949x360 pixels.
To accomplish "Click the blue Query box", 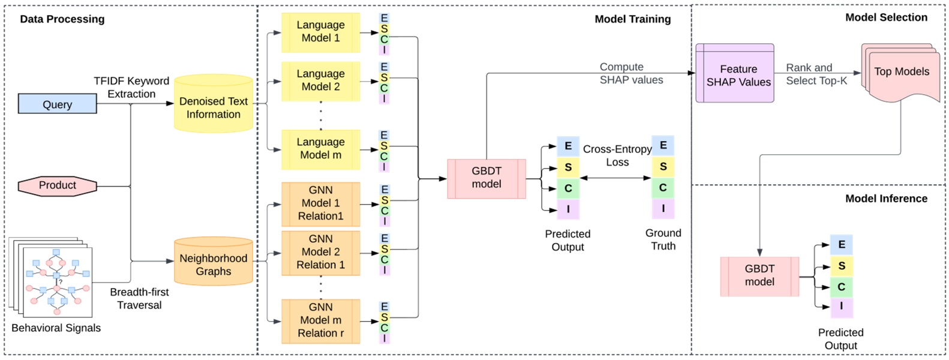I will coord(57,104).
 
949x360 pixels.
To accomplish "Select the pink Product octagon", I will coord(57,185).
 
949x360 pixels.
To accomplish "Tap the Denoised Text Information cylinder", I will coord(213,107).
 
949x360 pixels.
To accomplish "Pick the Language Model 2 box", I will coord(320,80).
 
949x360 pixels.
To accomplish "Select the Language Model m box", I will coord(320,149).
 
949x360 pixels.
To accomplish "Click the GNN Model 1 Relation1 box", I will coord(320,203).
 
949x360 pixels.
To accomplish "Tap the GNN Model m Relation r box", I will coord(320,320).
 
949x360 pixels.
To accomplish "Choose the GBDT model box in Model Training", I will coord(486,178).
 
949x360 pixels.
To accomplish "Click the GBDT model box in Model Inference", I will coord(759,276).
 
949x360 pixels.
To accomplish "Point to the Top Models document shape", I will coord(901,72).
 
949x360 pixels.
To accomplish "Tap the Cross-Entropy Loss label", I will coord(617,155).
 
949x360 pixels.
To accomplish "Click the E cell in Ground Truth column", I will coord(663,145).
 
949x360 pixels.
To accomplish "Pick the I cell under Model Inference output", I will coord(841,306).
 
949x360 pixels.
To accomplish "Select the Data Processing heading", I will coord(62,19).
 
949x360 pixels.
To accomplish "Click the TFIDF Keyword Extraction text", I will coord(131,88).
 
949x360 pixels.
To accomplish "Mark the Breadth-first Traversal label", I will coord(139,298).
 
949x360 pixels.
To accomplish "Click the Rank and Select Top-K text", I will coord(816,74).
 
